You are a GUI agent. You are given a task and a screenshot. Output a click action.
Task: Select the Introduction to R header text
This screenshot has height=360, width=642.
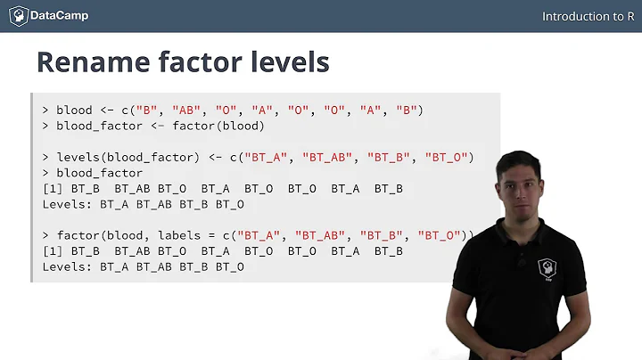(x=588, y=17)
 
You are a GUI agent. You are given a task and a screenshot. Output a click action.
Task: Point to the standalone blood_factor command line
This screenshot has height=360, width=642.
(x=99, y=173)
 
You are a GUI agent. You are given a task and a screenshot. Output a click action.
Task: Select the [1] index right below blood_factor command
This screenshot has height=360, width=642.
(x=53, y=188)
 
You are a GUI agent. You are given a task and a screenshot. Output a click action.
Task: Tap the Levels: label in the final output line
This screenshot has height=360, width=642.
(x=68, y=266)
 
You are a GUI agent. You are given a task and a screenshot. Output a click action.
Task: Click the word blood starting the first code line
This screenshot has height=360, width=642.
(x=74, y=110)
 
